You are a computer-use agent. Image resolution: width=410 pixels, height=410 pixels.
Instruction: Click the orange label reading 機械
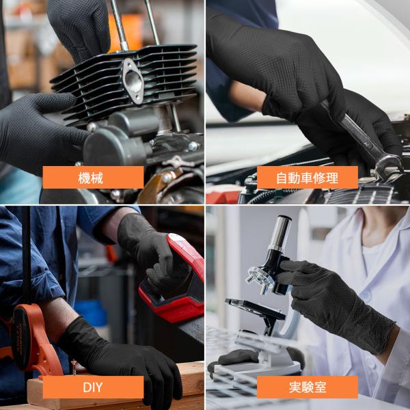tap(93, 177)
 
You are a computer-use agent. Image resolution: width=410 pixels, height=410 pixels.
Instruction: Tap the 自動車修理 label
tap(307, 177)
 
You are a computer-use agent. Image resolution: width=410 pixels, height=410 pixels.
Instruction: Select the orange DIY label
tap(93, 387)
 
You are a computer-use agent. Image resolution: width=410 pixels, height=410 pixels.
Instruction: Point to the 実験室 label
tap(307, 387)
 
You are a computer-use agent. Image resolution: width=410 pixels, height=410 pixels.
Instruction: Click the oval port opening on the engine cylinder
tap(134, 81)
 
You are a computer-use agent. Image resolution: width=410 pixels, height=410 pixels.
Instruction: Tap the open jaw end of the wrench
tap(388, 165)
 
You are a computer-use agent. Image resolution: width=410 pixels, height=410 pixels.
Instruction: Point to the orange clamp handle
tap(34, 340)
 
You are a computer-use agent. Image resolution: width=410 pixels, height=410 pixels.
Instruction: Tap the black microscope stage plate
tap(255, 309)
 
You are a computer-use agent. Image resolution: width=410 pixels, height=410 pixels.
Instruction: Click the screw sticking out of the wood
tap(74, 367)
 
